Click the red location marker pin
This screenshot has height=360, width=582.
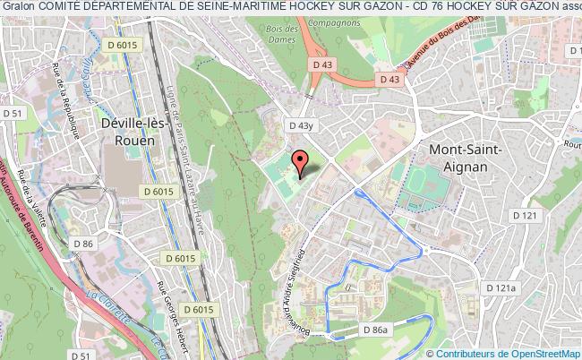click(x=301, y=160)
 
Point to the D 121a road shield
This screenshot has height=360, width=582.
click(x=502, y=287)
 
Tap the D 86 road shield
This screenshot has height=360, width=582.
click(x=83, y=244)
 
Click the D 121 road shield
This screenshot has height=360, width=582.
click(x=525, y=216)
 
